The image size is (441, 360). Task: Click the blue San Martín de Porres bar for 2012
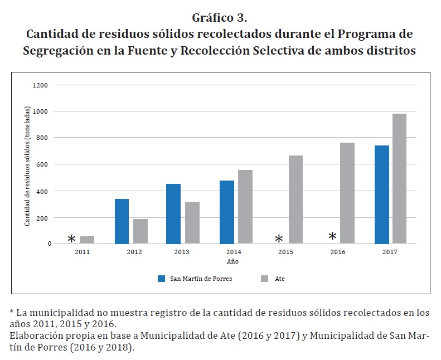coord(121,221)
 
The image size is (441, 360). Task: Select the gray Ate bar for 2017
coord(399,178)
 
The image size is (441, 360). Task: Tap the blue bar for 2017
coord(381,194)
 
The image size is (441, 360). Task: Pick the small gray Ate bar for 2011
coord(87,240)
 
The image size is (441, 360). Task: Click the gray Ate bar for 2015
coord(295,200)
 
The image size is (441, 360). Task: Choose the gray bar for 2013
coord(192,222)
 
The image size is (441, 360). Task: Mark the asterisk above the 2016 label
coord(332,237)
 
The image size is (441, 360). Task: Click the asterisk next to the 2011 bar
coord(71,239)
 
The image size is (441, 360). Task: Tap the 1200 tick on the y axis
coord(41,85)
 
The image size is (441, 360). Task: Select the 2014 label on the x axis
coord(234,252)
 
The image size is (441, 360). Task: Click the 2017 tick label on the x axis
coord(390,252)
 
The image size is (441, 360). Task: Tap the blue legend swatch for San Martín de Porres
coord(162,279)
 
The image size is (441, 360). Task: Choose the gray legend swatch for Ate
coord(265,279)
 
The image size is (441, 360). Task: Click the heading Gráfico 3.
coord(220,17)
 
